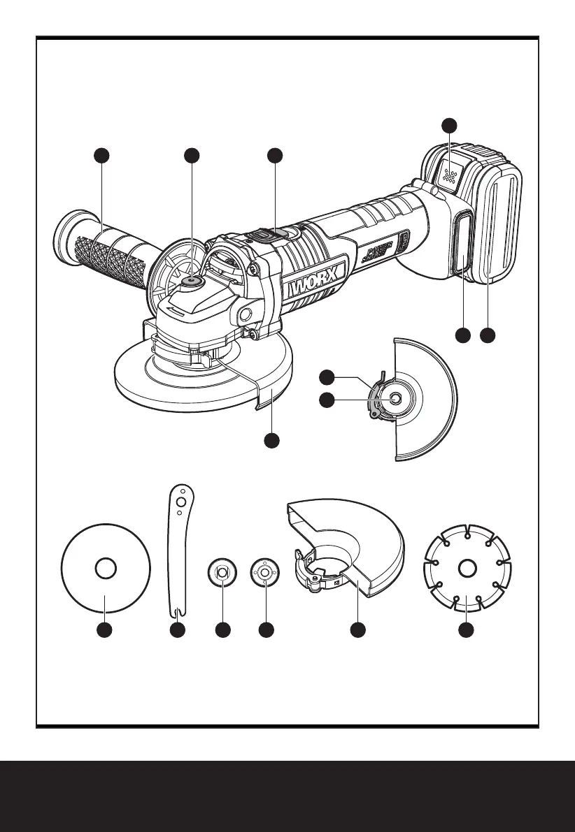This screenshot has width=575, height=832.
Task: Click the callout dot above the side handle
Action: pyautogui.click(x=103, y=156)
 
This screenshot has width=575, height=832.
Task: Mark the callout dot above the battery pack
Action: pyautogui.click(x=449, y=126)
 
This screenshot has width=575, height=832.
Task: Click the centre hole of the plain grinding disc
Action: pyautogui.click(x=105, y=569)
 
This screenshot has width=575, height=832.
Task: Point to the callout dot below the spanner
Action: pyautogui.click(x=178, y=631)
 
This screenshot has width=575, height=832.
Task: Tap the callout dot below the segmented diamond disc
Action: pyautogui.click(x=466, y=631)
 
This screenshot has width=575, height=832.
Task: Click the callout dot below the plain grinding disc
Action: pyautogui.click(x=105, y=631)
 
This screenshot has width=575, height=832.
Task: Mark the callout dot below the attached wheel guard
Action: pyautogui.click(x=272, y=440)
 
